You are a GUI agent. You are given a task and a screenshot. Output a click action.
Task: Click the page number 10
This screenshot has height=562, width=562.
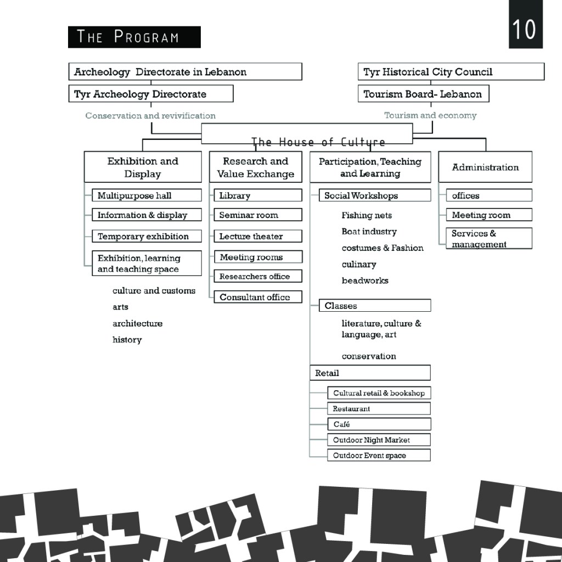click(524, 29)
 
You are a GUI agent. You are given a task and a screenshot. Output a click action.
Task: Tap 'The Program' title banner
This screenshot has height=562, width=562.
click(134, 37)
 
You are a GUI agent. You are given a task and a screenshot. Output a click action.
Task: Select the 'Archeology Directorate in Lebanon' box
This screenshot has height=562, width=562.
click(186, 72)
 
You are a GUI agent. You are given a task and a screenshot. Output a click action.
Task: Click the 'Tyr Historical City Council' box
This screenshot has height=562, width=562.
click(451, 72)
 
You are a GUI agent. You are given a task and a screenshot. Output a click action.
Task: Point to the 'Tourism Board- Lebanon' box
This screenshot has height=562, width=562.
click(423, 94)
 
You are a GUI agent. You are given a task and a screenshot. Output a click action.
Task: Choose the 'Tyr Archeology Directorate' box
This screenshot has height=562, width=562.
click(151, 94)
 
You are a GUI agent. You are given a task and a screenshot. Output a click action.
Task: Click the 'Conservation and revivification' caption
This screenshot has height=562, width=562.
click(150, 116)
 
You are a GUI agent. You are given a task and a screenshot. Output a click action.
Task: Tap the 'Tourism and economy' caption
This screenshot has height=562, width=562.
click(430, 115)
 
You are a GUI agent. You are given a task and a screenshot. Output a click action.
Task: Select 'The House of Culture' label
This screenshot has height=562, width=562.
click(318, 143)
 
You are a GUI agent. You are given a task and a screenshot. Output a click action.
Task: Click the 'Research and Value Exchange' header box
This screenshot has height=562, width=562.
click(256, 167)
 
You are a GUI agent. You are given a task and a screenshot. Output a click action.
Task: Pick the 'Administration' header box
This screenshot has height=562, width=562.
click(485, 167)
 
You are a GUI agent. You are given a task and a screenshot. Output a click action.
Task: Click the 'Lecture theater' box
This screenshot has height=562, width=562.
click(258, 237)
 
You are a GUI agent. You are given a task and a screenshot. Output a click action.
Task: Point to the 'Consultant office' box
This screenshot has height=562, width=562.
click(258, 297)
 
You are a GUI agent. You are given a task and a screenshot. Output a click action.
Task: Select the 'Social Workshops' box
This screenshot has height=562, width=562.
click(374, 195)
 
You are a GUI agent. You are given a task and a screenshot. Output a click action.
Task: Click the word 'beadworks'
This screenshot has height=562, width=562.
click(365, 280)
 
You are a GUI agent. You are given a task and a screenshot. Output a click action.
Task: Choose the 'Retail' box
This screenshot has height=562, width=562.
click(370, 373)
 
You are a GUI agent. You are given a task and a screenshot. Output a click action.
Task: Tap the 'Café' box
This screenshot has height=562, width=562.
click(379, 424)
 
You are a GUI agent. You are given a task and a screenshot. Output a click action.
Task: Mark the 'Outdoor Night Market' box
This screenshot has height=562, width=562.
click(379, 440)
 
